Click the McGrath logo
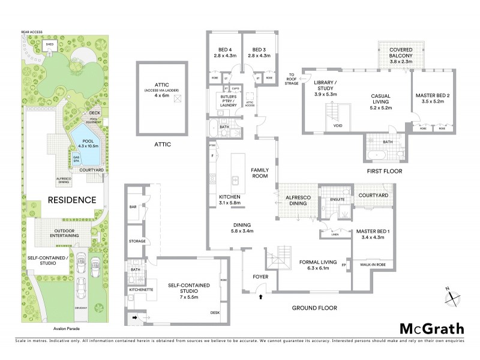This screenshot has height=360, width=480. [x=431, y=328]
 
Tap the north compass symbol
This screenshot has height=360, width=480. [x=452, y=296]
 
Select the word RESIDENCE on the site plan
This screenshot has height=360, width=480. [x=72, y=200]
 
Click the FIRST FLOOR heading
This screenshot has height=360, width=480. [x=384, y=171]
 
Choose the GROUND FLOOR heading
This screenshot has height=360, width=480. [x=314, y=308]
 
